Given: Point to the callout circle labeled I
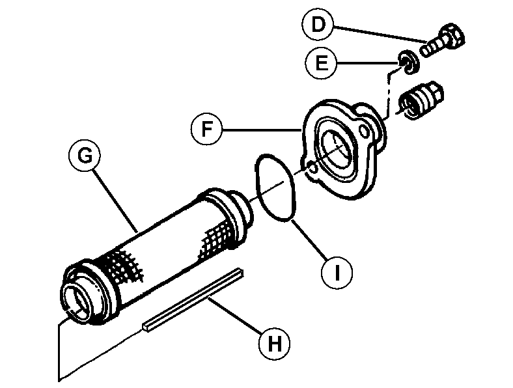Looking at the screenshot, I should click(337, 273).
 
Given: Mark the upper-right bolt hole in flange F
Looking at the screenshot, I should click(370, 133).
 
